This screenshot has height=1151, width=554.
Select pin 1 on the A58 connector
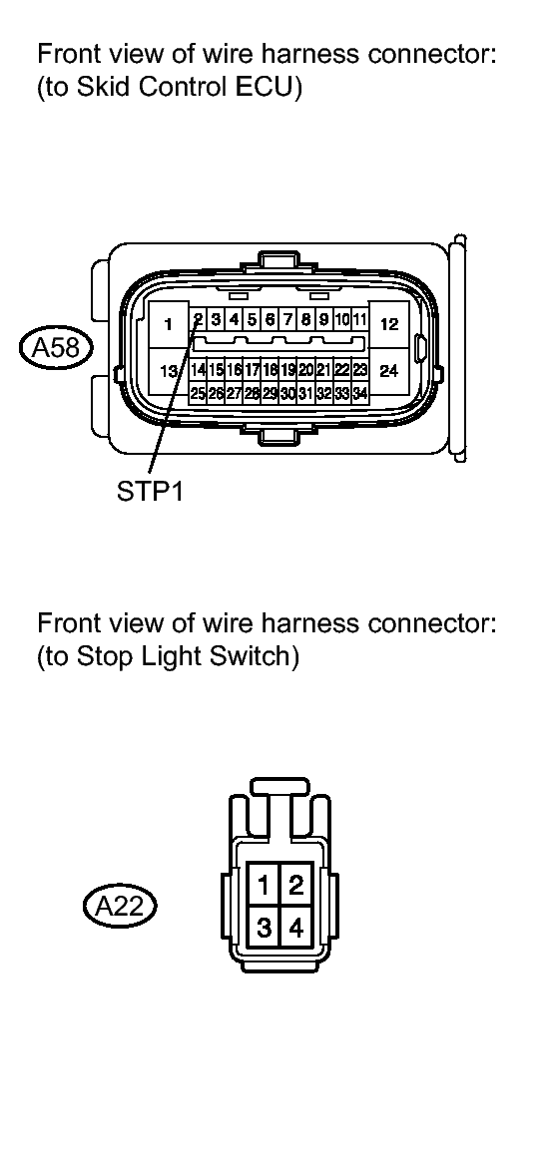pyautogui.click(x=169, y=324)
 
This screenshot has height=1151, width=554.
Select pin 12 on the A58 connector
pyautogui.click(x=389, y=324)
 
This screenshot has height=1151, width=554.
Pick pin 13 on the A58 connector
pyautogui.click(x=169, y=371)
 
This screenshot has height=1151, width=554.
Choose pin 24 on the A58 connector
pyautogui.click(x=389, y=371)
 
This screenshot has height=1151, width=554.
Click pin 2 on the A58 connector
pyautogui.click(x=199, y=320)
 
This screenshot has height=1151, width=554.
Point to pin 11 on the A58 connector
pyautogui.click(x=359, y=320)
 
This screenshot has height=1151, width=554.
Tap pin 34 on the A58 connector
pyautogui.click(x=359, y=393)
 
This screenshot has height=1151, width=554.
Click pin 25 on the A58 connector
pyautogui.click(x=198, y=393)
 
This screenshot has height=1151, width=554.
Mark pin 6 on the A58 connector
pyautogui.click(x=270, y=320)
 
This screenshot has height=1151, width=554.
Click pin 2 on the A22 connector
pyautogui.click(x=295, y=883)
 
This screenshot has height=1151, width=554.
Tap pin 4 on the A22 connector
pyautogui.click(x=295, y=928)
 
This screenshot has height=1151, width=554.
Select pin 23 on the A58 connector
pyautogui.click(x=359, y=370)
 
